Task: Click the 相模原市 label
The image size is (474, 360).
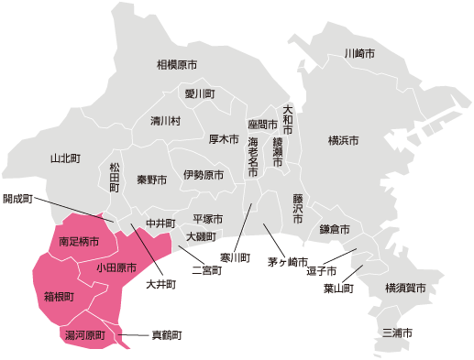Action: [177, 65]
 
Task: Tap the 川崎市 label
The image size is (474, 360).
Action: [359, 54]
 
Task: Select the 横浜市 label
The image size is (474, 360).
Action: [343, 140]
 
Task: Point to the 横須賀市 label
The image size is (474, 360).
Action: [405, 289]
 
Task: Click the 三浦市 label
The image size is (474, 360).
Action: [398, 332]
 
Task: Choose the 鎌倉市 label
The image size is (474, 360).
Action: [335, 228]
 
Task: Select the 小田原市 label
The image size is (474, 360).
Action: [116, 268]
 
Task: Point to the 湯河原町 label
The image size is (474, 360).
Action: [84, 336]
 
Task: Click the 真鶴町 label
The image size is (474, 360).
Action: [167, 336]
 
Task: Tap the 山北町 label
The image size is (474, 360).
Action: [67, 158]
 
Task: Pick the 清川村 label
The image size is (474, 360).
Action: [166, 121]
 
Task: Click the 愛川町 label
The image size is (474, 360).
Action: [199, 94]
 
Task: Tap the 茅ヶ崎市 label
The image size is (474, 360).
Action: [287, 262]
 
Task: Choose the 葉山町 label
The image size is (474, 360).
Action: [338, 289]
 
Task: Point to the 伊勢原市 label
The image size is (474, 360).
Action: [203, 174]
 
